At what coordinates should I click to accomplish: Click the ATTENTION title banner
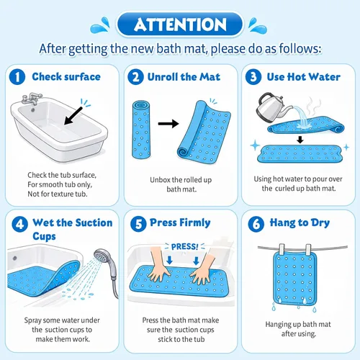pyautogui.click(x=180, y=24)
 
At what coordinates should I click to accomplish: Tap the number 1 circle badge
pyautogui.click(x=17, y=77)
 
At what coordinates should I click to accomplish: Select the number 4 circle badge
pyautogui.click(x=19, y=224)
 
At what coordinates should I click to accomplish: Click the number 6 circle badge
pyautogui.click(x=256, y=224)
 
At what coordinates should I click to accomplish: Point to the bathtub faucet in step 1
pyautogui.click(x=31, y=99)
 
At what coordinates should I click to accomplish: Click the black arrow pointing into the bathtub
pyautogui.click(x=73, y=116)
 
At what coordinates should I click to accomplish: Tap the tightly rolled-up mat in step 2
pyautogui.click(x=141, y=130)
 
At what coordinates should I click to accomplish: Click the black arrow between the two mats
pyautogui.click(x=168, y=124)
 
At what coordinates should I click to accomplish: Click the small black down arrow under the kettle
pyautogui.click(x=300, y=140)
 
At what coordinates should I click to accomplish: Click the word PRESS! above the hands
pyautogui.click(x=184, y=246)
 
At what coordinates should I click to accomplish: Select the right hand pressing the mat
pyautogui.click(x=203, y=269)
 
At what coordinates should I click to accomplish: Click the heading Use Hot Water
pyautogui.click(x=304, y=77)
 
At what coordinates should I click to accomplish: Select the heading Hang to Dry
pyautogui.click(x=300, y=222)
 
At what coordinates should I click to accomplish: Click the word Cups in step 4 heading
pyautogui.click(x=44, y=236)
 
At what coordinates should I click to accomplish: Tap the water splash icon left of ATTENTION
pyautogui.click(x=100, y=25)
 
